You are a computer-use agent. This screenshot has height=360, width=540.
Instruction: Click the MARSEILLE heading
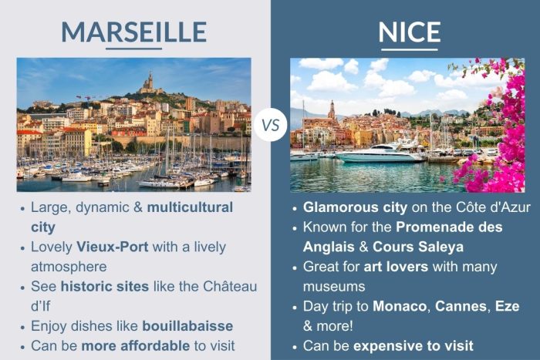pyautogui.click(x=133, y=32)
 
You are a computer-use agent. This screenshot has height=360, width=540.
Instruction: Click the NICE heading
pyautogui.click(x=410, y=32)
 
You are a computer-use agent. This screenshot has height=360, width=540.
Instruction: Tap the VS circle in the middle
pyautogui.click(x=270, y=125)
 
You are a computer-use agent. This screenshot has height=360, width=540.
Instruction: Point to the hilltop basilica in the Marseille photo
pyautogui.click(x=149, y=82)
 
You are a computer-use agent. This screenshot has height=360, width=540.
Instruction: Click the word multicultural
pyautogui.click(x=190, y=207)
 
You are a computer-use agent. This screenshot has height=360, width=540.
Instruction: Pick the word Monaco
pyautogui.click(x=400, y=307)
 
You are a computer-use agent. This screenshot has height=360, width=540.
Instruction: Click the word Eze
pyautogui.click(x=509, y=307)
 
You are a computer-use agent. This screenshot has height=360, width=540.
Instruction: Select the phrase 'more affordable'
pyautogui.click(x=127, y=345)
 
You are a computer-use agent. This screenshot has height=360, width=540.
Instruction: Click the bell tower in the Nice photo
pyautogui.click(x=332, y=108)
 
